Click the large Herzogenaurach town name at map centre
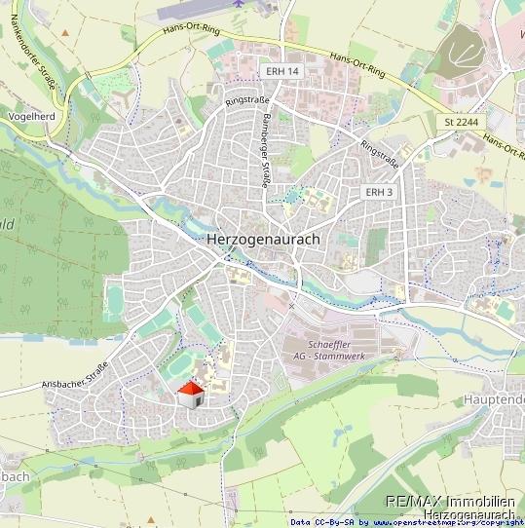tap(263, 239)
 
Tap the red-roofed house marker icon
tap(191, 395)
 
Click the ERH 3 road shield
tap(379, 192)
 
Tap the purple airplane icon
tap(239, 4)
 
